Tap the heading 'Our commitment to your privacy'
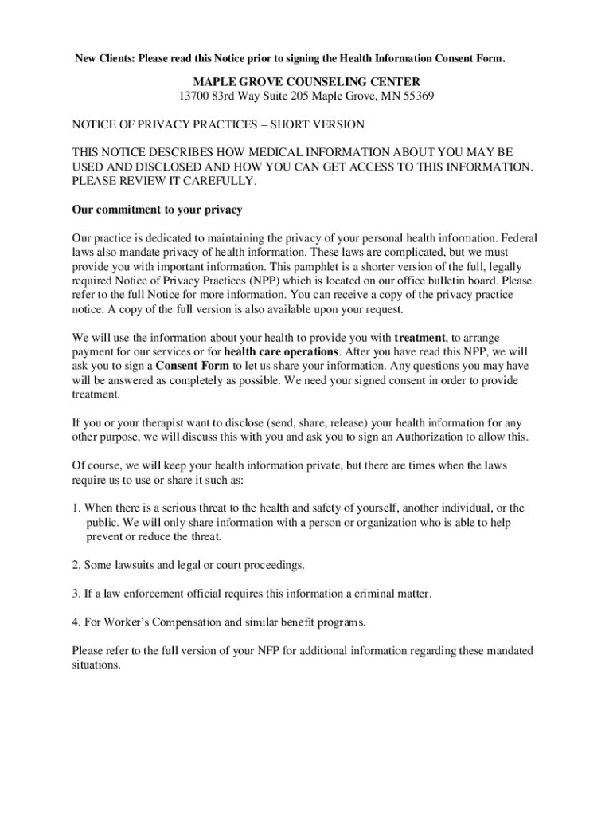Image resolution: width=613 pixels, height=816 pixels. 157,210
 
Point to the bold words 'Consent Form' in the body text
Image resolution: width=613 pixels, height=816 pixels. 192,366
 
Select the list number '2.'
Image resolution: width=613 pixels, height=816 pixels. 76,565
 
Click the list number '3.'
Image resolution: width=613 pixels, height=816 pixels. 76,594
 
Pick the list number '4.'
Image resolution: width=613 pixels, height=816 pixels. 76,622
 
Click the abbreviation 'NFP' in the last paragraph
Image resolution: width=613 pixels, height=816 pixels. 266,651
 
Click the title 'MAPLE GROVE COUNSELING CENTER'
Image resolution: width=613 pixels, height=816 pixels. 306,82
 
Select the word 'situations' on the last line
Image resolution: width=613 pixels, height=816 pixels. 95,665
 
